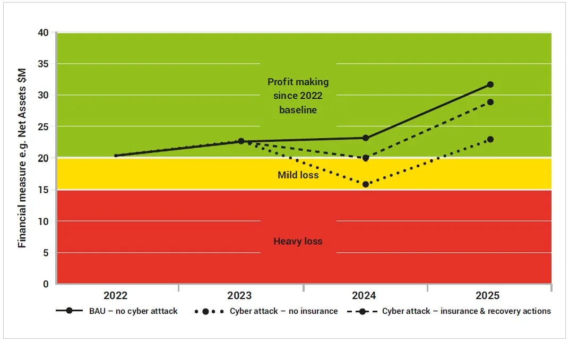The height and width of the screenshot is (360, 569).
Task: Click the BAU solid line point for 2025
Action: (490, 84)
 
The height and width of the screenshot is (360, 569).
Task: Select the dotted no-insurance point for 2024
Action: (366, 184)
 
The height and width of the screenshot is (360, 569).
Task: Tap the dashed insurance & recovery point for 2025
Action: (490, 102)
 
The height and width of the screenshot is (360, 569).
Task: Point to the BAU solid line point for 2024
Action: (366, 138)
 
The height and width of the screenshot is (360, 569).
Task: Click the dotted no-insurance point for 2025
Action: (490, 139)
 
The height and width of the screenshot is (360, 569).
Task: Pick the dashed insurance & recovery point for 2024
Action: (366, 158)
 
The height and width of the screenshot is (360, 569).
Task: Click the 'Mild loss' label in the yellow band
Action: (298, 175)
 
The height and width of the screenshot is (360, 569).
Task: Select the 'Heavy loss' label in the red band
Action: (298, 241)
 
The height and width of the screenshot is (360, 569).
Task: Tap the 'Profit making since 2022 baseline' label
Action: (298, 96)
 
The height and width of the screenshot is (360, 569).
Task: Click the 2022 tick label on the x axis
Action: (116, 296)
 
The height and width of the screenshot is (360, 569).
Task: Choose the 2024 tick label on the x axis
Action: (366, 296)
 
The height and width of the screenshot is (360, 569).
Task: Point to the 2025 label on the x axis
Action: (490, 296)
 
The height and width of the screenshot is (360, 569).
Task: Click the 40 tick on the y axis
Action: (43, 33)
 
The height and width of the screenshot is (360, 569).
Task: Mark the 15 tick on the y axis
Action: (43, 190)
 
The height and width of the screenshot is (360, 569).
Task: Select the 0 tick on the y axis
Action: (46, 284)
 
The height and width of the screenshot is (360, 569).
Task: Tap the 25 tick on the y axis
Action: (43, 127)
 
